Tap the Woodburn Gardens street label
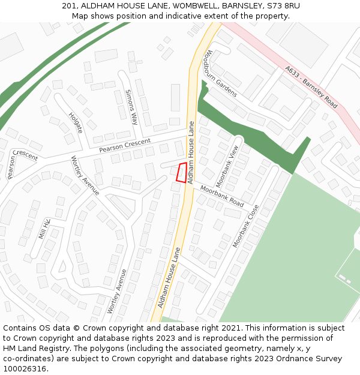tap(220, 73)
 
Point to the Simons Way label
tap(131, 107)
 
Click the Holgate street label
tap(75, 122)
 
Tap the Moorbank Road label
tap(222, 196)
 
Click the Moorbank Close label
tap(245, 226)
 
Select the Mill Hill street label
tap(44, 229)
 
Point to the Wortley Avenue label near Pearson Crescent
tap(85, 175)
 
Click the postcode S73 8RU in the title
tap(282, 6)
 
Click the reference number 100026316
tap(26, 369)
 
